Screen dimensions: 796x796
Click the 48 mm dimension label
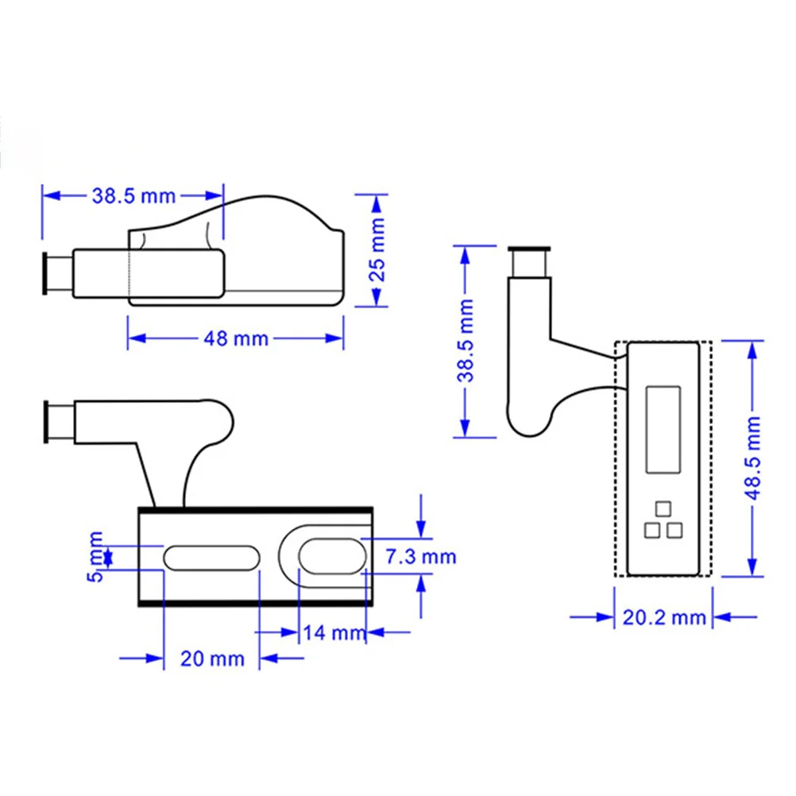point(236,338)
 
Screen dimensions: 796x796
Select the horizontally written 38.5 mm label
point(134,195)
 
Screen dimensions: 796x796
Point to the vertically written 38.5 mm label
point(466,341)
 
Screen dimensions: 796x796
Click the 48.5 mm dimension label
point(754,457)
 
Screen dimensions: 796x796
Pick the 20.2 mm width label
point(664,617)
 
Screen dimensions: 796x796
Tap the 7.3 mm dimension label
point(421,556)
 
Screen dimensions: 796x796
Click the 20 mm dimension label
point(212,659)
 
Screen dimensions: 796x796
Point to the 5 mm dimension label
point(95,556)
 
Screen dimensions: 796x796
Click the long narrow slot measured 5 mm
point(211,557)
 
